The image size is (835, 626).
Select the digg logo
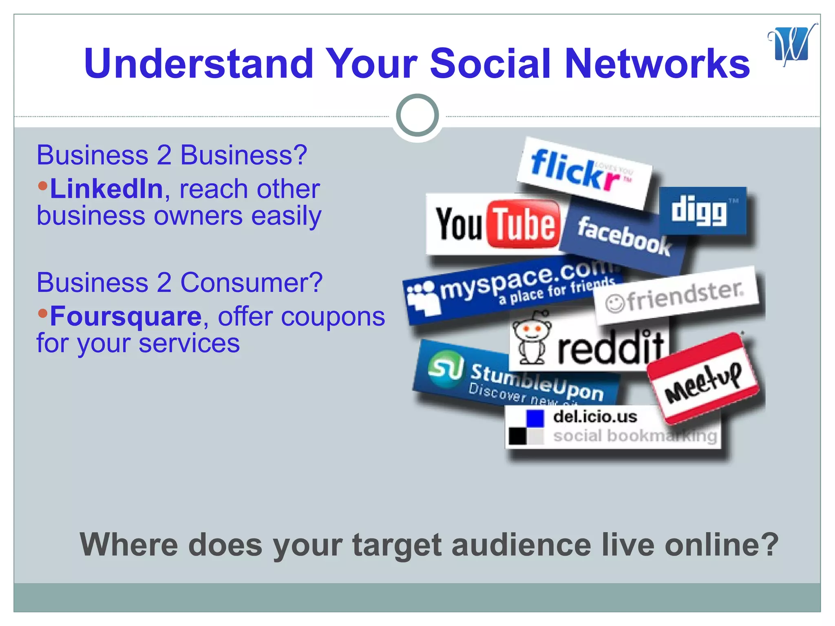click(x=702, y=211)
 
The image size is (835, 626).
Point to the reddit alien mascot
click(x=531, y=337)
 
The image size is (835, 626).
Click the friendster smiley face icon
click(x=614, y=303)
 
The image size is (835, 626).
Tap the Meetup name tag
click(x=703, y=378)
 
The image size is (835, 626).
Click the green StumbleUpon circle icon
click(x=446, y=369)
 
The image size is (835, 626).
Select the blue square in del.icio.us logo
click(x=535, y=419)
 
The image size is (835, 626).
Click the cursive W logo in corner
click(x=791, y=45)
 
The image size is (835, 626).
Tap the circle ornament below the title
click(x=417, y=115)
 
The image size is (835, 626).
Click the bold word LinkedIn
click(x=106, y=189)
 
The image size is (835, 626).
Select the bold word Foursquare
click(x=126, y=316)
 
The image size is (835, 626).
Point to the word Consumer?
click(x=251, y=282)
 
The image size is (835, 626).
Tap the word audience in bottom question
click(x=521, y=545)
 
